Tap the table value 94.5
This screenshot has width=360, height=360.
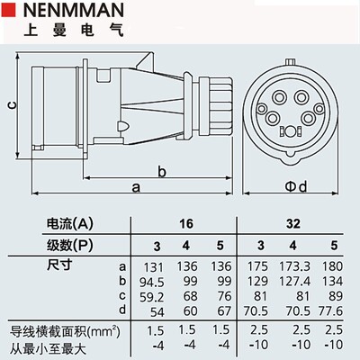tap(154, 281)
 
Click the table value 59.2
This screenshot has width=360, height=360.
tap(154, 295)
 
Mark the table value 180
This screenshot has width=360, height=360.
tap(331, 266)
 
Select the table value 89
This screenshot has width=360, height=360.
tap(333, 295)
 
